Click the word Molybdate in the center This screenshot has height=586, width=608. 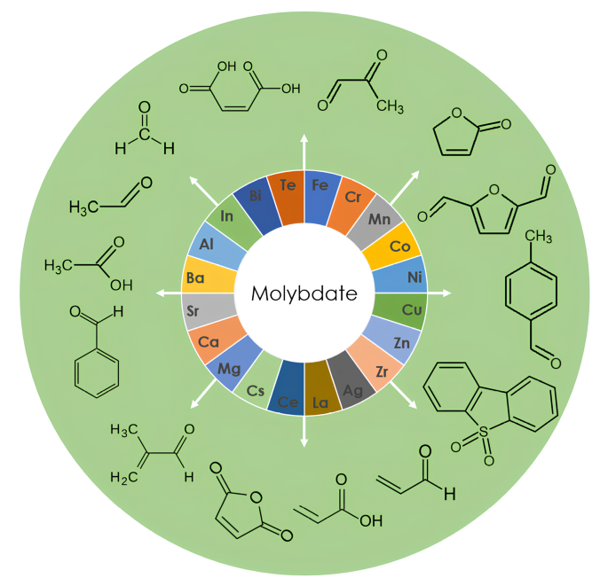click(304, 293)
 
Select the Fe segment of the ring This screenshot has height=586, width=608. click(318, 186)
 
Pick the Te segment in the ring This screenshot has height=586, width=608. click(288, 186)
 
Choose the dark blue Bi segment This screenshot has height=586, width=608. click(255, 196)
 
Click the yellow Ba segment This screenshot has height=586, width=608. click(196, 277)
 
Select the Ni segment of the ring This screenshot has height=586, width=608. click(413, 277)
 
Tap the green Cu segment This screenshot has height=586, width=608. click(411, 310)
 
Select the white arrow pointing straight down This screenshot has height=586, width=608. click(304, 441)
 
